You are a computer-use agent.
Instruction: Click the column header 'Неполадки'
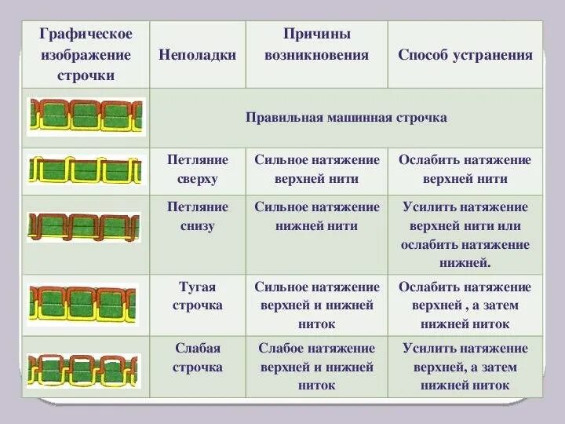197,55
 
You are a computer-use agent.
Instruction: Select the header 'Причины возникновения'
316,46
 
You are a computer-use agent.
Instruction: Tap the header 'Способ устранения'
465,55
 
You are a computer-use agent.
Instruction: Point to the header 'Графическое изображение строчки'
86,55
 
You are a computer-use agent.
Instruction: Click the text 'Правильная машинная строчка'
346,117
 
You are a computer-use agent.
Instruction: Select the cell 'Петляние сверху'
198,169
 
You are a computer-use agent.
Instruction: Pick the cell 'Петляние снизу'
198,217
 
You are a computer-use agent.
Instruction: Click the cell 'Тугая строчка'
198,296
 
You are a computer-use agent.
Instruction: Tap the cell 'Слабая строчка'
198,357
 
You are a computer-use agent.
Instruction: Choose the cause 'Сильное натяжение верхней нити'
317,169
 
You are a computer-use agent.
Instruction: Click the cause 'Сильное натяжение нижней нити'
317,217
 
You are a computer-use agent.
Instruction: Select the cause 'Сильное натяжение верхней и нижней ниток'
317,305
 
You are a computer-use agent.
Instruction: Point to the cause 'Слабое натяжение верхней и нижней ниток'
317,367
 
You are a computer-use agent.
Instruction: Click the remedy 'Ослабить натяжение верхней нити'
465,169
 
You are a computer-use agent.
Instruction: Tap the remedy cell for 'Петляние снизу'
465,235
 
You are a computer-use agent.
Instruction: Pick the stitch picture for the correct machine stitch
86,117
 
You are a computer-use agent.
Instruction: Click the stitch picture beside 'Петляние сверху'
86,170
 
